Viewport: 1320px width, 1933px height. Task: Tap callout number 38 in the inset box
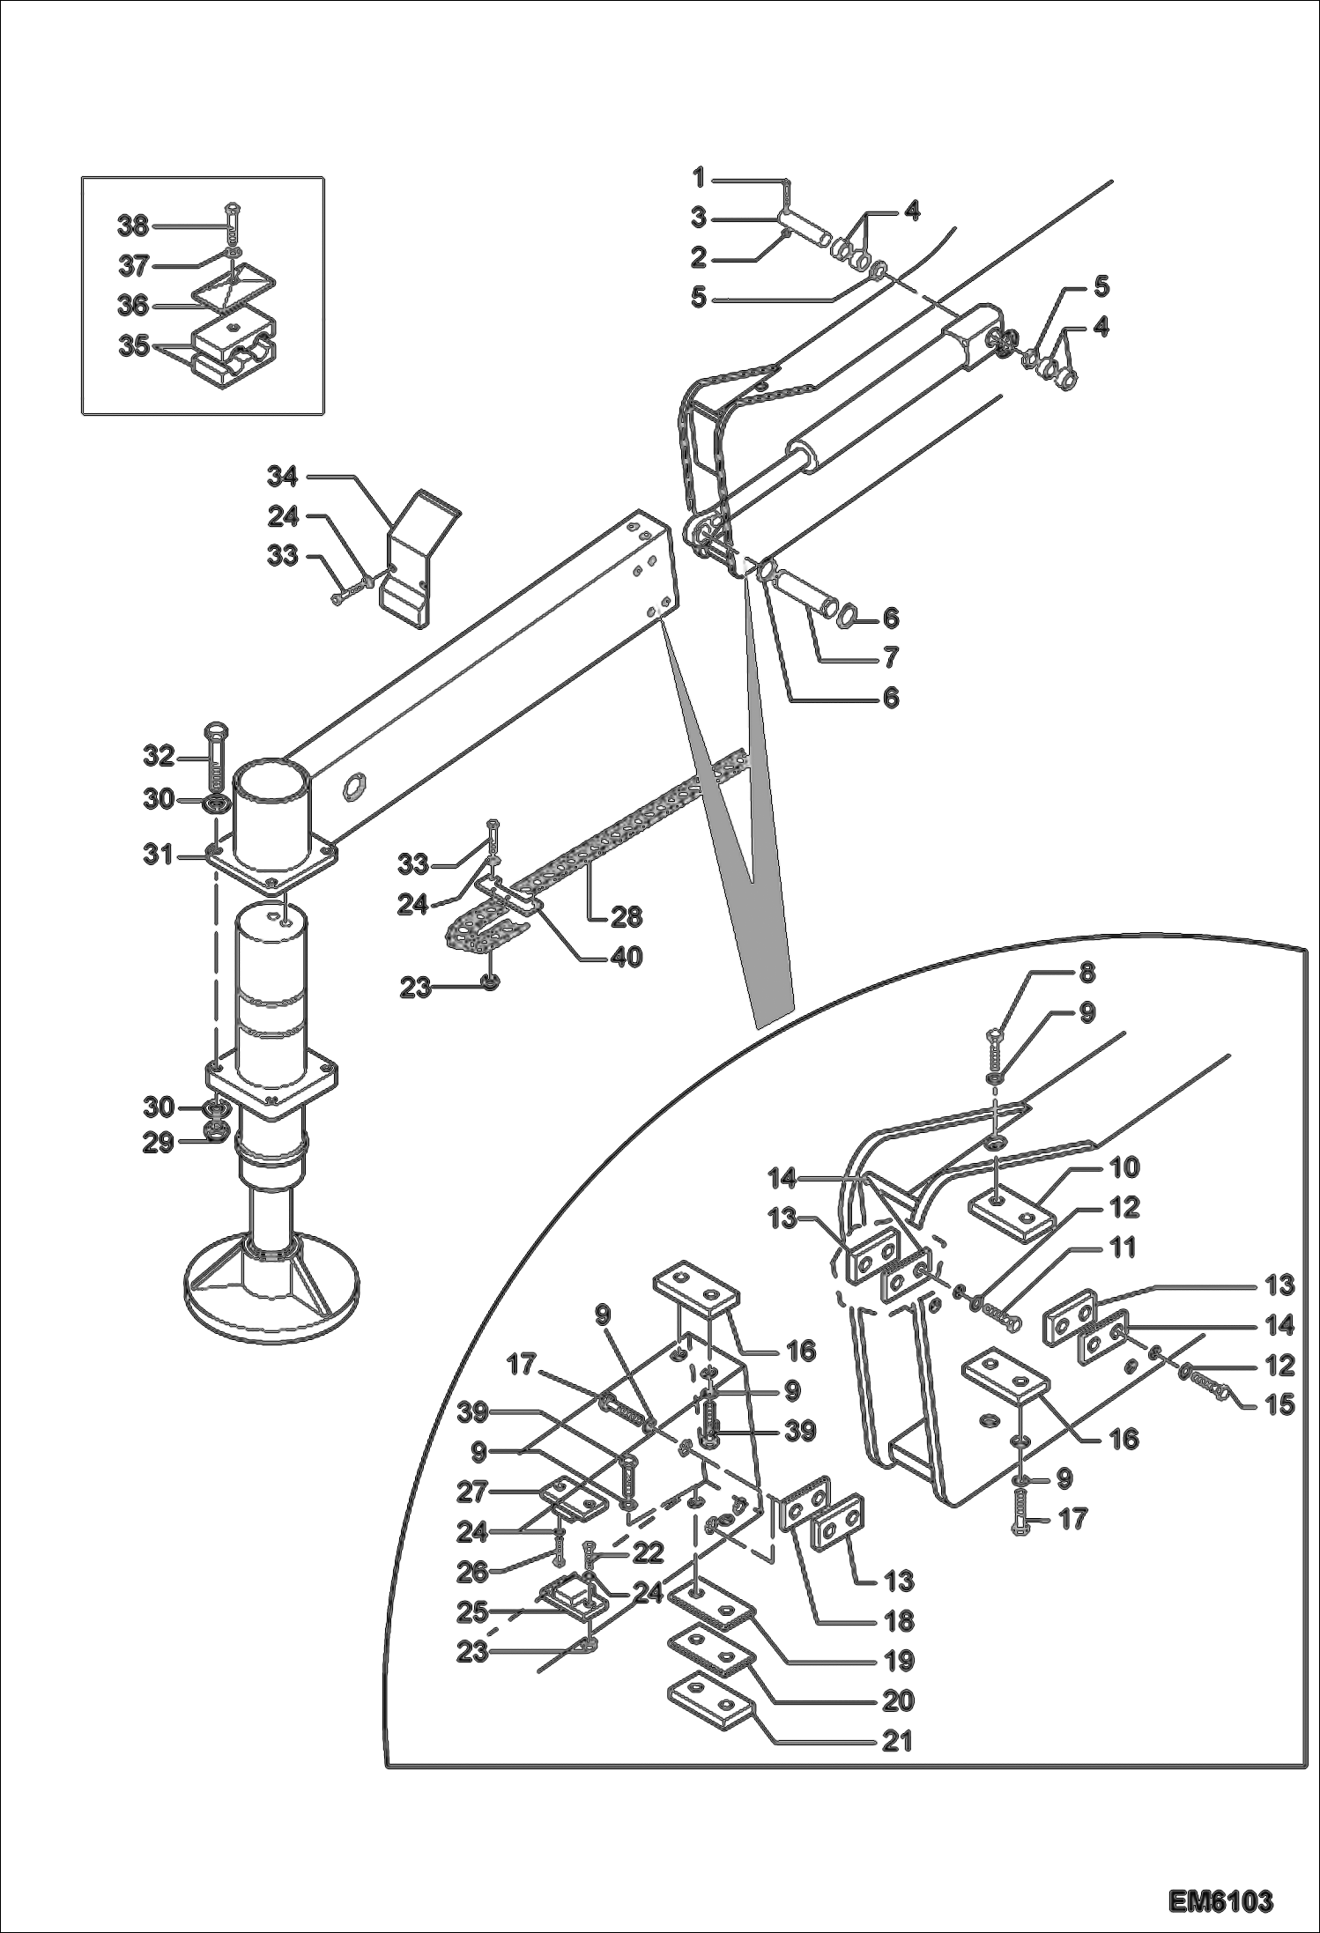[x=133, y=226]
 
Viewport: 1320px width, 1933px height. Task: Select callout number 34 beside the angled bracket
[x=283, y=477]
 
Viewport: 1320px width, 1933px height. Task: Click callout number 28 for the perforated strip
[x=627, y=916]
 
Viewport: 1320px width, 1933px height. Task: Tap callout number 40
[x=627, y=957]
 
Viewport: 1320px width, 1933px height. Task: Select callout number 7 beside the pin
[x=890, y=657]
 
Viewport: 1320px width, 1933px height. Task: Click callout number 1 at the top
[x=699, y=179]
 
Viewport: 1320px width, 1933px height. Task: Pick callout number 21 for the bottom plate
[x=897, y=1741]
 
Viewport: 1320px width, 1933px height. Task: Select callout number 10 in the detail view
[x=1124, y=1167]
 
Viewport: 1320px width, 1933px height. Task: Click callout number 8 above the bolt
[x=1086, y=973]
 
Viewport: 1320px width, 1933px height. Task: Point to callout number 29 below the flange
[x=159, y=1144]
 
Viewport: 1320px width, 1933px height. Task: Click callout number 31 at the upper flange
[x=159, y=855]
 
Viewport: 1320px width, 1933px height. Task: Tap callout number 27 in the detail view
[x=471, y=1492]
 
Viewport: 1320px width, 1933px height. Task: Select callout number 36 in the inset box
[x=133, y=306]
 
